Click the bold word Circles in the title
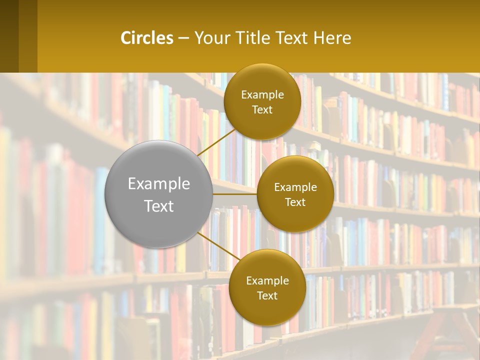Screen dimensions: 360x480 point(147,38)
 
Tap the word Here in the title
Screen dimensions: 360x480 point(332,38)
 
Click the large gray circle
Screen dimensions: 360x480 point(158,194)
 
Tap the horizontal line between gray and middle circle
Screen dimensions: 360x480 point(234,194)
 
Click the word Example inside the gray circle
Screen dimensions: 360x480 point(159,184)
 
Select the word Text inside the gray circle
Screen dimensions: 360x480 point(159,206)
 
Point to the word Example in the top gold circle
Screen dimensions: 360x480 point(262,95)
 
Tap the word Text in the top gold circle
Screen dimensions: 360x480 point(262,110)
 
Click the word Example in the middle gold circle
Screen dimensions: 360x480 point(295,187)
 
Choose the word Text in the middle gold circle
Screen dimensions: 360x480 point(295,202)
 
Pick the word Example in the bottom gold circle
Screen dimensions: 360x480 point(267,281)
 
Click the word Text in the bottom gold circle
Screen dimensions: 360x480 point(267,296)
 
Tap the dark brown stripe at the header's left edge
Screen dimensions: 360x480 point(9,36)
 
